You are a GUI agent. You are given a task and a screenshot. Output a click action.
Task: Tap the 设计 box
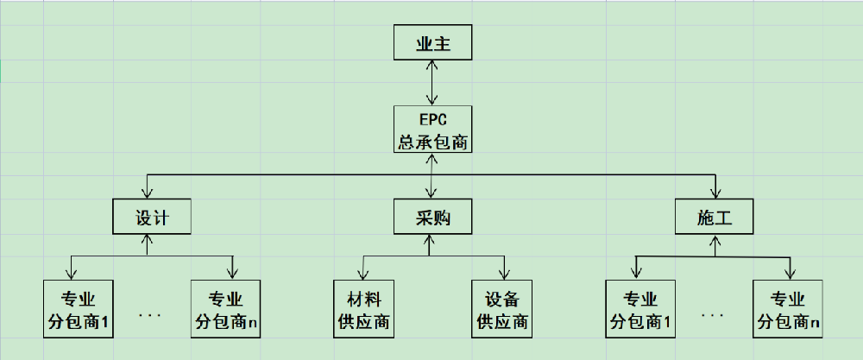(x=152, y=217)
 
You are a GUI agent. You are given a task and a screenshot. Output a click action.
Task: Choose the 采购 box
(x=432, y=217)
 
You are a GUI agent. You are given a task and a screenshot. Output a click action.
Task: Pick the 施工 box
(x=714, y=217)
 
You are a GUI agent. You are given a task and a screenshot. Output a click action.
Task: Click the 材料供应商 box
(x=363, y=309)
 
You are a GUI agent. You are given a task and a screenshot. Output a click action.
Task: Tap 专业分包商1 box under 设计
(x=79, y=309)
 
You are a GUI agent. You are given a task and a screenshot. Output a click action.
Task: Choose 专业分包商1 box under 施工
(x=641, y=309)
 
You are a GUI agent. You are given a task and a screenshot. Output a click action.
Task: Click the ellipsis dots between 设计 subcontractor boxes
(x=150, y=315)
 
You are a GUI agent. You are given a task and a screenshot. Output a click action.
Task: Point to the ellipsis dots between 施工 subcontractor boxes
(x=713, y=315)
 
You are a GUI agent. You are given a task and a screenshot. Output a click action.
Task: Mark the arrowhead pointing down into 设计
(x=149, y=193)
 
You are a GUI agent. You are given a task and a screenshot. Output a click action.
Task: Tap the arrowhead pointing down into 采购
(x=431, y=193)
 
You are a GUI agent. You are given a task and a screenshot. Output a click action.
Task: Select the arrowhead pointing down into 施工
(x=715, y=193)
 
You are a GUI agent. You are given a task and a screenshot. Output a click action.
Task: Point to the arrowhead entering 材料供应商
(x=362, y=274)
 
